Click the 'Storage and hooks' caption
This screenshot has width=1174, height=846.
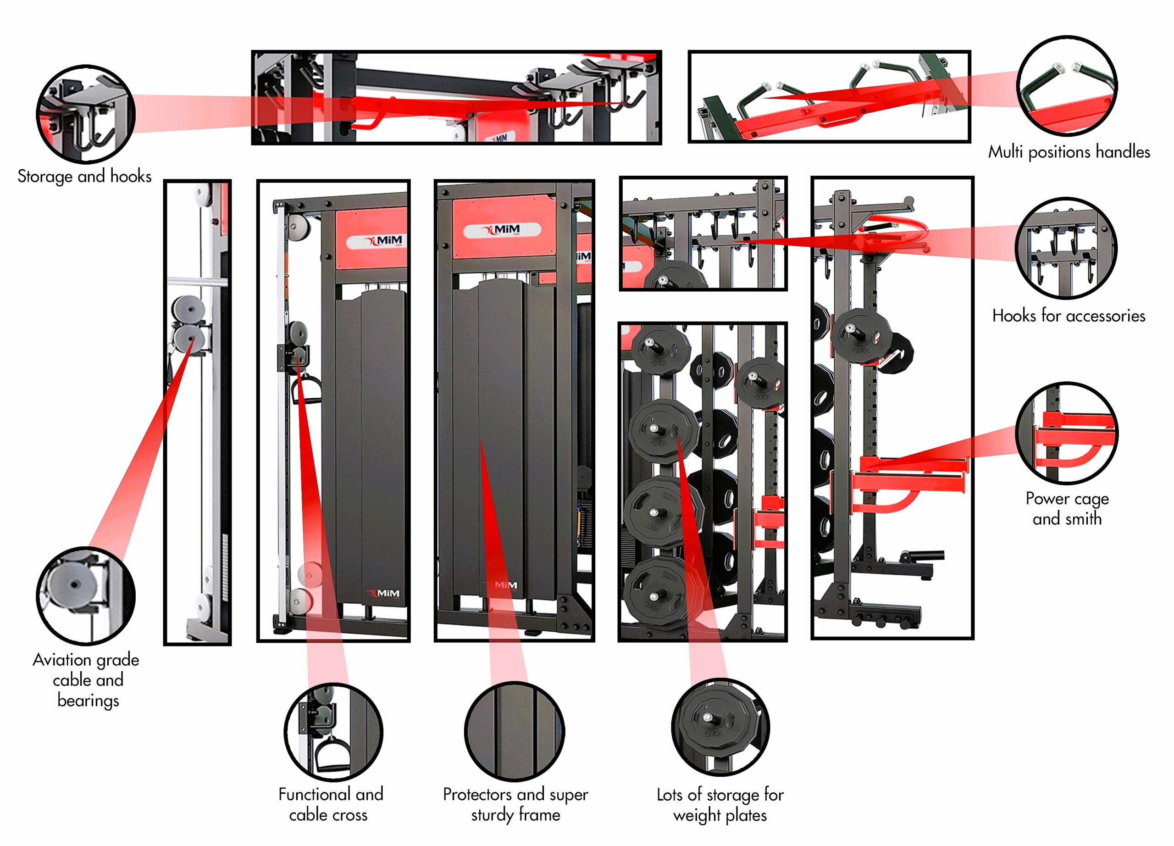[84, 176]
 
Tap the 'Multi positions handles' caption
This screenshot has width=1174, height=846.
[1069, 152]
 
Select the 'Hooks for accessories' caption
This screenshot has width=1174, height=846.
[1069, 315]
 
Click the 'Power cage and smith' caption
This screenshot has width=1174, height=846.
[1067, 508]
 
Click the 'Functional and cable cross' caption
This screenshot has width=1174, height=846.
[330, 804]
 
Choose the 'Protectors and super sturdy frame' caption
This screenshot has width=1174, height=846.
[515, 804]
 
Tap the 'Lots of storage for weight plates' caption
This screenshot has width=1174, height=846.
[720, 804]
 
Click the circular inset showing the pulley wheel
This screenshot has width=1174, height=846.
[85, 596]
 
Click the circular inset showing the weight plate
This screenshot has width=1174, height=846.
[720, 726]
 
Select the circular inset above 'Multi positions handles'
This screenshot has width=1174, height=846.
[1067, 85]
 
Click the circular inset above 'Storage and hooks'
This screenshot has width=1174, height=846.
[85, 114]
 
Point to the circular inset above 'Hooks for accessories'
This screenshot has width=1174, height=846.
[1066, 248]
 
